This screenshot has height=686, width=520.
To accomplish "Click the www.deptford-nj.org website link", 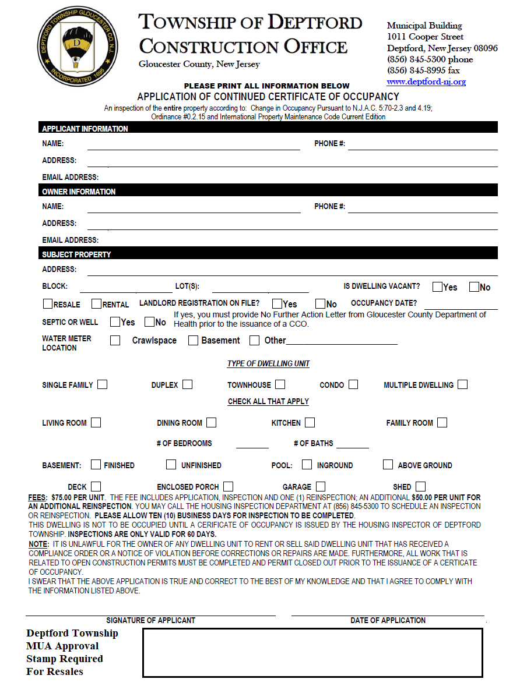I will pos(426,82).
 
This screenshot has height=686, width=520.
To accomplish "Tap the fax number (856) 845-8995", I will pos(423,70).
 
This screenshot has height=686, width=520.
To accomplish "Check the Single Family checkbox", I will pos(103,384).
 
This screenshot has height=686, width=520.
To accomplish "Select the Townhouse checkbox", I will pos(280,384).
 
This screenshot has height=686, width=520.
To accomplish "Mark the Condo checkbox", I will pos(353,384).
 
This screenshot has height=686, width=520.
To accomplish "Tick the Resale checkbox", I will pos(48,304).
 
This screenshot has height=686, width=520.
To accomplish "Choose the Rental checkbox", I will pos(97,304).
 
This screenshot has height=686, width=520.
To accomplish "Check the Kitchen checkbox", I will pos(310,422).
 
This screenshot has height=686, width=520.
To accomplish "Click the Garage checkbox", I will pos(321,486).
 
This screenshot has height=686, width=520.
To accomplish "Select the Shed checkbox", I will pos(420,486).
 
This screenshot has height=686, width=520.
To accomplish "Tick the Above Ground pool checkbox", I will pos(388,465).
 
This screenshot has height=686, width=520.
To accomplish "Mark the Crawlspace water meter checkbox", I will pos(115,340).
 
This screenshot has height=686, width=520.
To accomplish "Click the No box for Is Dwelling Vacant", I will pos(474,287).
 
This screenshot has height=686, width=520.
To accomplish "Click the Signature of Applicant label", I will pos(150,620).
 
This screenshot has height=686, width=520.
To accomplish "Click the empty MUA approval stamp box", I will pos(312,652).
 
